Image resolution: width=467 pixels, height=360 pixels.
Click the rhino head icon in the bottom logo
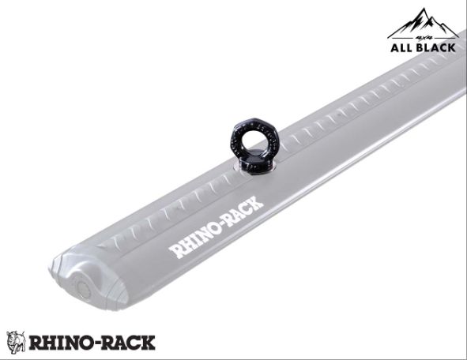16,342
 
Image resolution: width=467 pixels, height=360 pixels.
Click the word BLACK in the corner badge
437,47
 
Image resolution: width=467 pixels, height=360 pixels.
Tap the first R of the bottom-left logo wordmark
36,343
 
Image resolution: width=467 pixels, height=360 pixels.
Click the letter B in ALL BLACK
422,47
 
